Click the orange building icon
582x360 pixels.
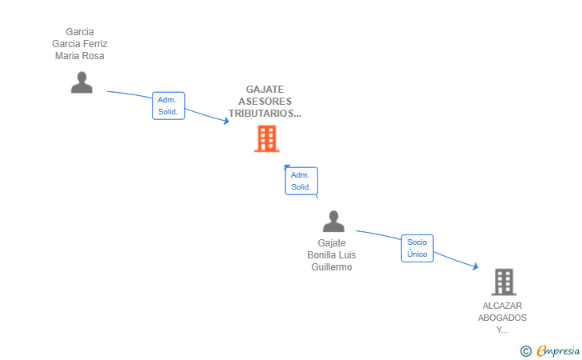(x=266, y=138)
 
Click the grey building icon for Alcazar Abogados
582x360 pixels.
(x=503, y=282)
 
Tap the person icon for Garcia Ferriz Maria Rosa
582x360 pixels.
(x=82, y=82)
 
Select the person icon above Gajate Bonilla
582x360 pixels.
(x=333, y=222)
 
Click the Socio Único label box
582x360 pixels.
(x=417, y=248)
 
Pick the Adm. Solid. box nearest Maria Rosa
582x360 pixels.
(x=168, y=106)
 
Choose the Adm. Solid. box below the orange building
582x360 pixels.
(x=301, y=181)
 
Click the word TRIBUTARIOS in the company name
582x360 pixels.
(x=263, y=114)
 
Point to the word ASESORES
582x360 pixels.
(x=265, y=102)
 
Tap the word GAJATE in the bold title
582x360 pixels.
(x=265, y=90)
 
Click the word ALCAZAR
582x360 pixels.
(x=502, y=306)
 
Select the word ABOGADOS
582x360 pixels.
(x=502, y=318)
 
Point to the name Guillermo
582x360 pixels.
(x=332, y=267)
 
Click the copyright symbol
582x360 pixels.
(x=525, y=350)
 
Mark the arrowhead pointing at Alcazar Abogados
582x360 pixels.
(x=475, y=267)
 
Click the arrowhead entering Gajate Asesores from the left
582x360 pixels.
(x=226, y=121)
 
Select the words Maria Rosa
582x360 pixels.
(x=80, y=56)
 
